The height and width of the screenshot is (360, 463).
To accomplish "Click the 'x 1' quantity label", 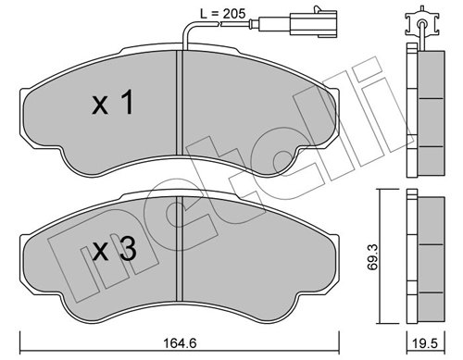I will pyautogui.click(x=113, y=104).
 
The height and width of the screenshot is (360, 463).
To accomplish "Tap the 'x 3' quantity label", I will pyautogui.click(x=113, y=247).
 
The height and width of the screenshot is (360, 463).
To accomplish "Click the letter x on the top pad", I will pyautogui.click(x=98, y=106).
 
